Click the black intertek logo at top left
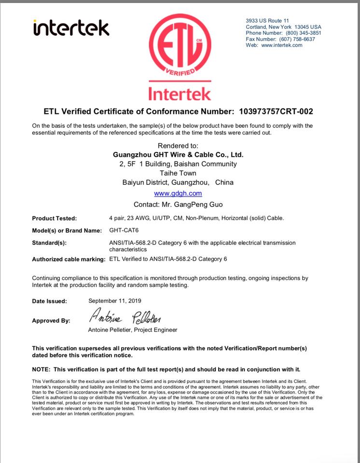click(x=71, y=27)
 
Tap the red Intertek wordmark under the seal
click(x=179, y=92)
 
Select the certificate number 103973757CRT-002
click(x=276, y=111)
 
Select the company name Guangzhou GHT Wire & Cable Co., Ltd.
click(x=178, y=155)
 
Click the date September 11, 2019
click(x=114, y=300)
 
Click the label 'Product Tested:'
click(x=54, y=218)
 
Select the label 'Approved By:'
click(x=51, y=321)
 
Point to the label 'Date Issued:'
click(x=49, y=301)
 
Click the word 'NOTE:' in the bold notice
click(x=42, y=369)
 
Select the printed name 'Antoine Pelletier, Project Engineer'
click(x=133, y=330)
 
